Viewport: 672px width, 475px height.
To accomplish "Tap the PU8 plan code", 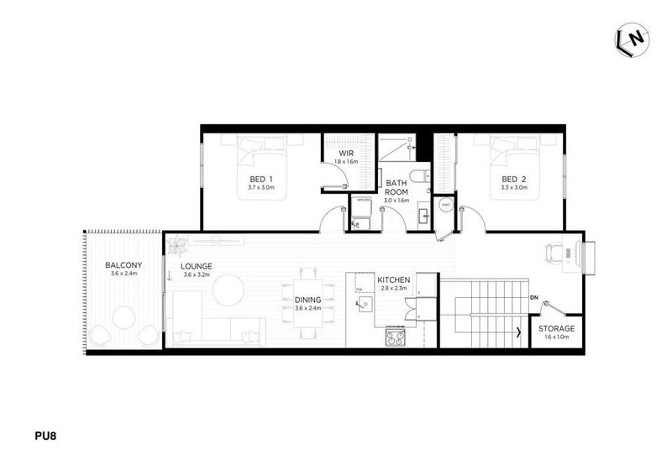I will click(x=45, y=436).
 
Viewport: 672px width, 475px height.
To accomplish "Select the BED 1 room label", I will click(x=261, y=179).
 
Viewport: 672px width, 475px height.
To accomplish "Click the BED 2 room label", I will click(x=513, y=179).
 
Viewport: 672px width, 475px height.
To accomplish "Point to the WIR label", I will click(x=345, y=153).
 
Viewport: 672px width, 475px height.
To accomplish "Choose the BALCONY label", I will click(x=123, y=265).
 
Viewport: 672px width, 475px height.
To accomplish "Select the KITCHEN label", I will click(x=392, y=279).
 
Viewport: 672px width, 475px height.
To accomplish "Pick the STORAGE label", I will click(x=556, y=328).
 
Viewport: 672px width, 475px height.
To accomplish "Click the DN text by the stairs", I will click(x=534, y=298).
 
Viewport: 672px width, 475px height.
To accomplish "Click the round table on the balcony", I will click(x=124, y=317).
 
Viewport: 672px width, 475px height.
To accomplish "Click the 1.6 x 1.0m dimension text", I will click(x=556, y=337).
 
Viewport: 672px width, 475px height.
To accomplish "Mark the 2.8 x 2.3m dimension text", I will click(x=392, y=288).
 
